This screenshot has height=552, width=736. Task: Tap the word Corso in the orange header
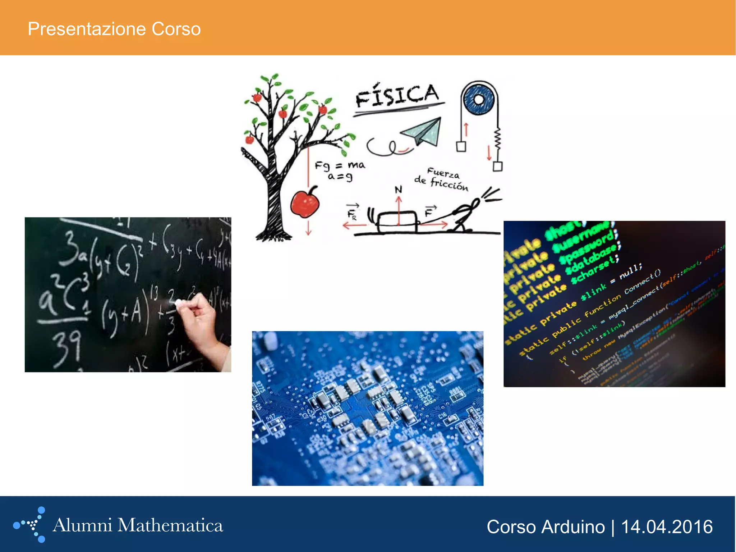(176, 29)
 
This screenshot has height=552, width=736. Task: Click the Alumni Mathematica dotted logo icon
(30, 525)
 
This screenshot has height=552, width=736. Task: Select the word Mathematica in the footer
(170, 525)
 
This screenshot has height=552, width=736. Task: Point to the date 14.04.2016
(667, 527)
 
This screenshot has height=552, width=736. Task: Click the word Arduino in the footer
(573, 527)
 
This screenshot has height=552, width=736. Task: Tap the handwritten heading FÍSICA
(397, 95)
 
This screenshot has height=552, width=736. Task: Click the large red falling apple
(305, 204)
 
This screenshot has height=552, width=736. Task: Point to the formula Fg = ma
(340, 165)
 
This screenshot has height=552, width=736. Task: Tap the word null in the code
(630, 269)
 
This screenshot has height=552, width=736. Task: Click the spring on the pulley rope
(498, 140)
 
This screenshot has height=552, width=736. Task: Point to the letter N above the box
(398, 190)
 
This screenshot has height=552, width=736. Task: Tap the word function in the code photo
(602, 306)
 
